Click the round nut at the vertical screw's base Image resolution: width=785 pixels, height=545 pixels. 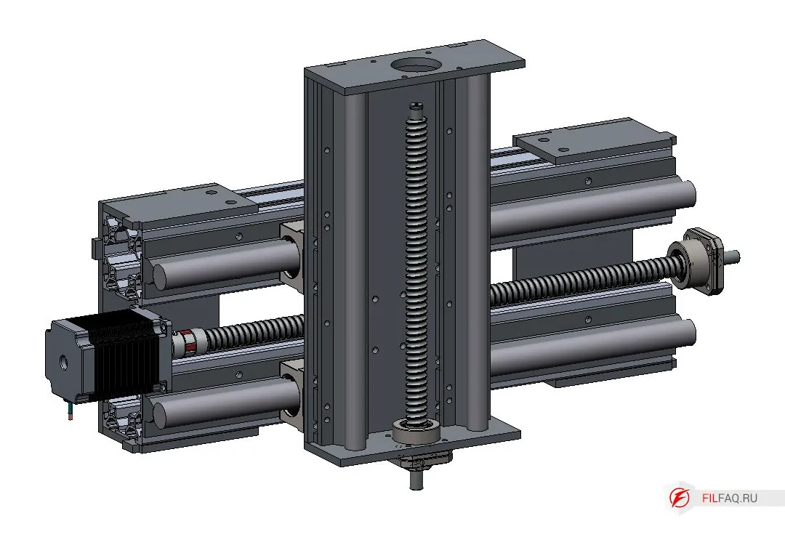point(416,432)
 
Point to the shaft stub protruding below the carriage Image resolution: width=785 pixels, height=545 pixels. point(416,478)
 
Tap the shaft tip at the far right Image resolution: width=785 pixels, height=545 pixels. point(733,257)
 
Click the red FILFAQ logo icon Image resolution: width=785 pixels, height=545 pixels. point(680,498)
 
